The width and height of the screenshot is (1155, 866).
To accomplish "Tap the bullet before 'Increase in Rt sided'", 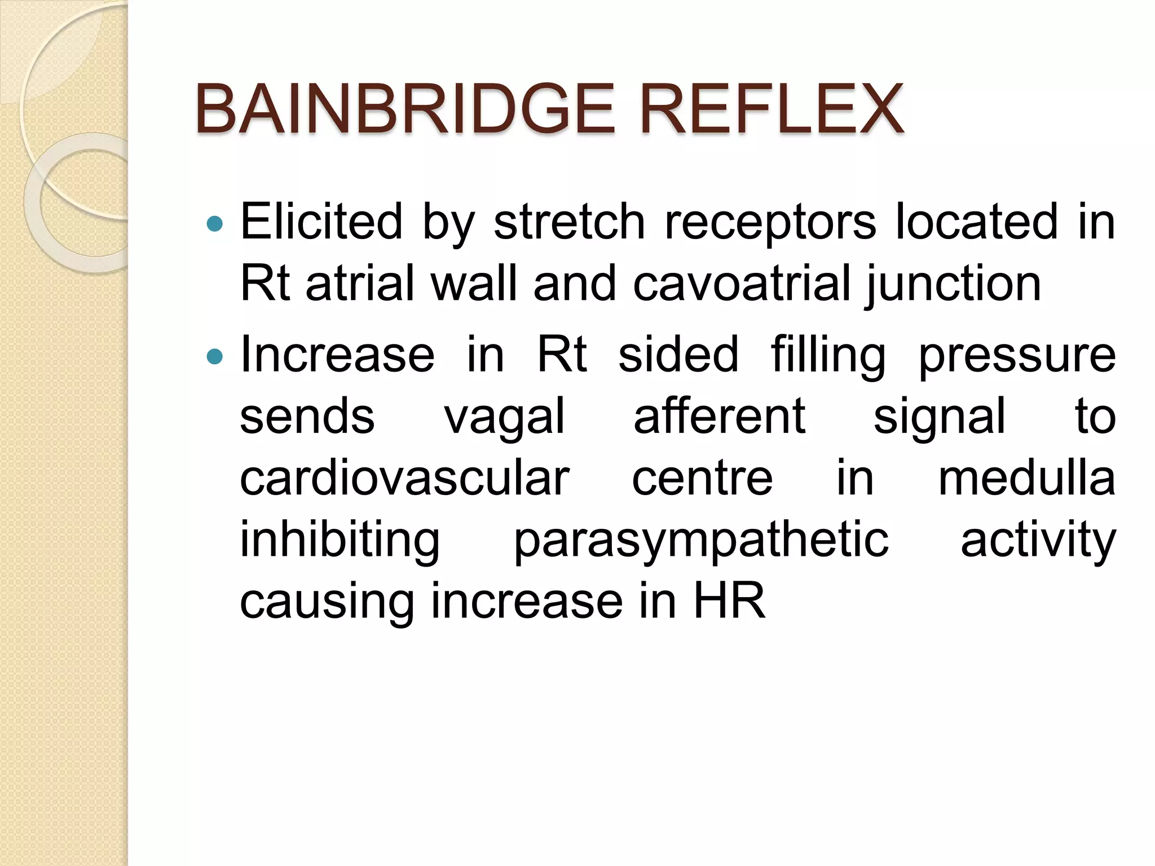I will pos(215,357).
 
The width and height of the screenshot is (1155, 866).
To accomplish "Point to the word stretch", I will pos(570,222).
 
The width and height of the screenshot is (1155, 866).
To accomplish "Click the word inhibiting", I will pos(340,541).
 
